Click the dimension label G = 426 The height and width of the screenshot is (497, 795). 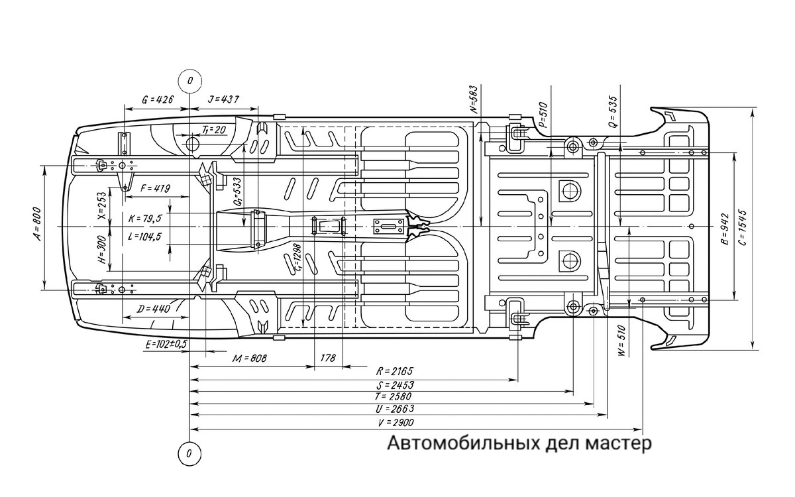(158, 99)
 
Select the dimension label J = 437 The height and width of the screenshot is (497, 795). (223, 99)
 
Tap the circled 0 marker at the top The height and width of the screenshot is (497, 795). (190, 81)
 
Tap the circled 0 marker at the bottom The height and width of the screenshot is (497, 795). (190, 454)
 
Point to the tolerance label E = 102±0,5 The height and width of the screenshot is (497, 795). (166, 345)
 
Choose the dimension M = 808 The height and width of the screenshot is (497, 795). (250, 359)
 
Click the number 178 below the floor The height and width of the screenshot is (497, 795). (328, 359)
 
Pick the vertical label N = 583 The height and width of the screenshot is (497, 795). (474, 100)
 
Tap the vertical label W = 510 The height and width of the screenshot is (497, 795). (621, 341)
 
